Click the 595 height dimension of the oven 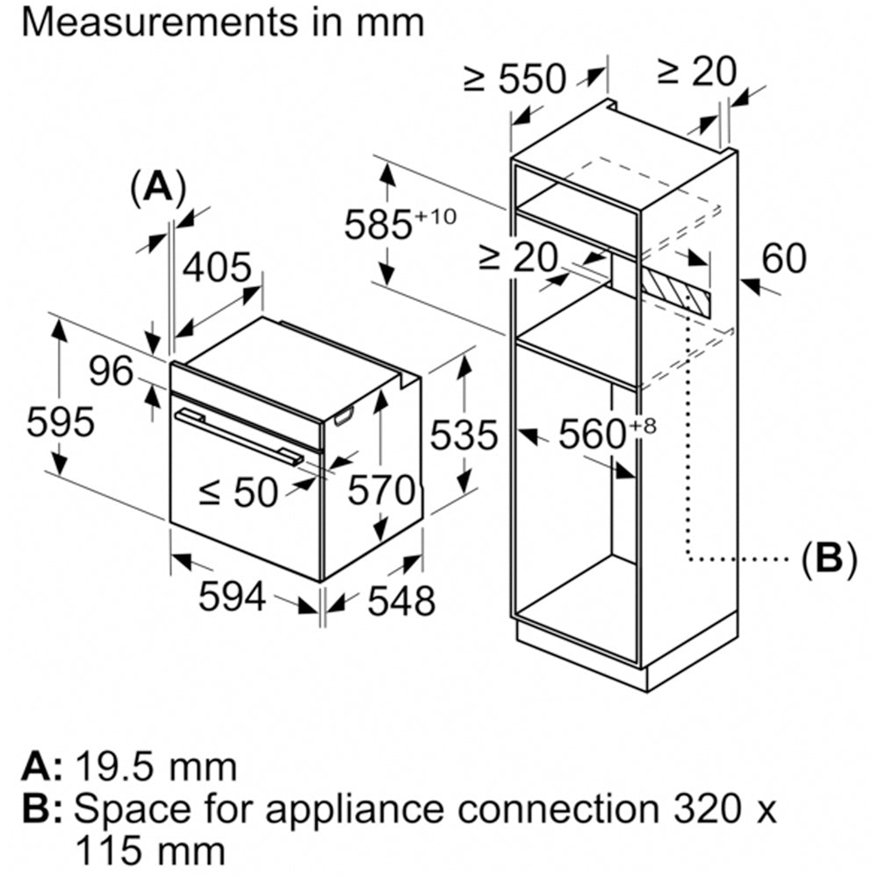pos(60,424)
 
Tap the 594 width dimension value pos(232,598)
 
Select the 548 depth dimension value pos(400,601)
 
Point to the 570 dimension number pos(380,490)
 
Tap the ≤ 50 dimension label pos(237,493)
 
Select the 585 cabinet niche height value pos(378,225)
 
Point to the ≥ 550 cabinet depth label pos(515,79)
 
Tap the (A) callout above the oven pos(158,187)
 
